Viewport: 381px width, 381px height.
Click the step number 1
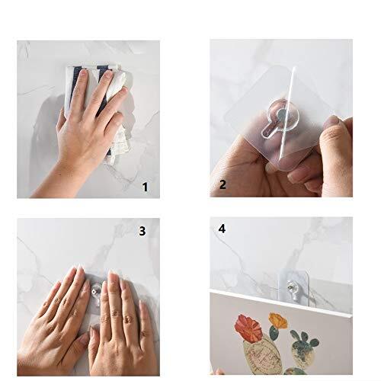[x=145, y=187]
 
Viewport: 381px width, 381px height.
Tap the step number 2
[x=223, y=184]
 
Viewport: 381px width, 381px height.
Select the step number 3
[x=142, y=231]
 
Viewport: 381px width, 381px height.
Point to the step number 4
[x=222, y=229]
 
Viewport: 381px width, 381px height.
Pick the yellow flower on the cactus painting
[x=278, y=321]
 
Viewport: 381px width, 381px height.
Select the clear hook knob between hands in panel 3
[x=96, y=290]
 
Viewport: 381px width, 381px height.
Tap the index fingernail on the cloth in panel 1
[x=83, y=73]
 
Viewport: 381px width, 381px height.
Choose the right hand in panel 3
[x=120, y=325]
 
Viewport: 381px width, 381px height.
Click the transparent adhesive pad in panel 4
[x=294, y=287]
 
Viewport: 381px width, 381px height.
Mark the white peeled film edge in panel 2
[x=287, y=113]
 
